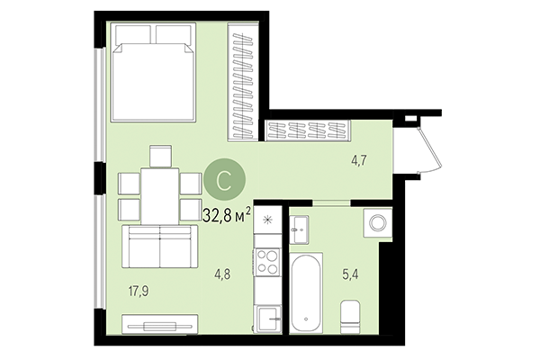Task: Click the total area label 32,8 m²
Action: [227, 214]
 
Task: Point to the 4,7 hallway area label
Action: [358, 161]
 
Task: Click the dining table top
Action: [159, 195]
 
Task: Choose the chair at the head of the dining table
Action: [159, 155]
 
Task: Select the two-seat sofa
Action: [159, 246]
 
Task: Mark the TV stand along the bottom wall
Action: [158, 322]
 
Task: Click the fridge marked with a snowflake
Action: [267, 220]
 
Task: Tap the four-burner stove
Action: [267, 261]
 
